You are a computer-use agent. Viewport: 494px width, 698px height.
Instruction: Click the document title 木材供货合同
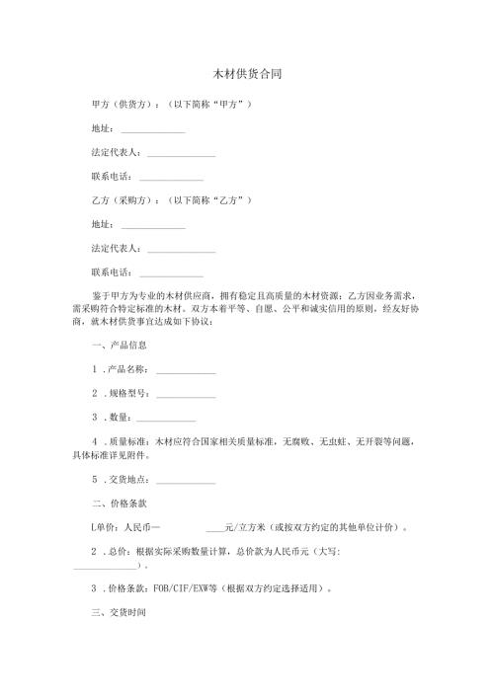tap(247, 75)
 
